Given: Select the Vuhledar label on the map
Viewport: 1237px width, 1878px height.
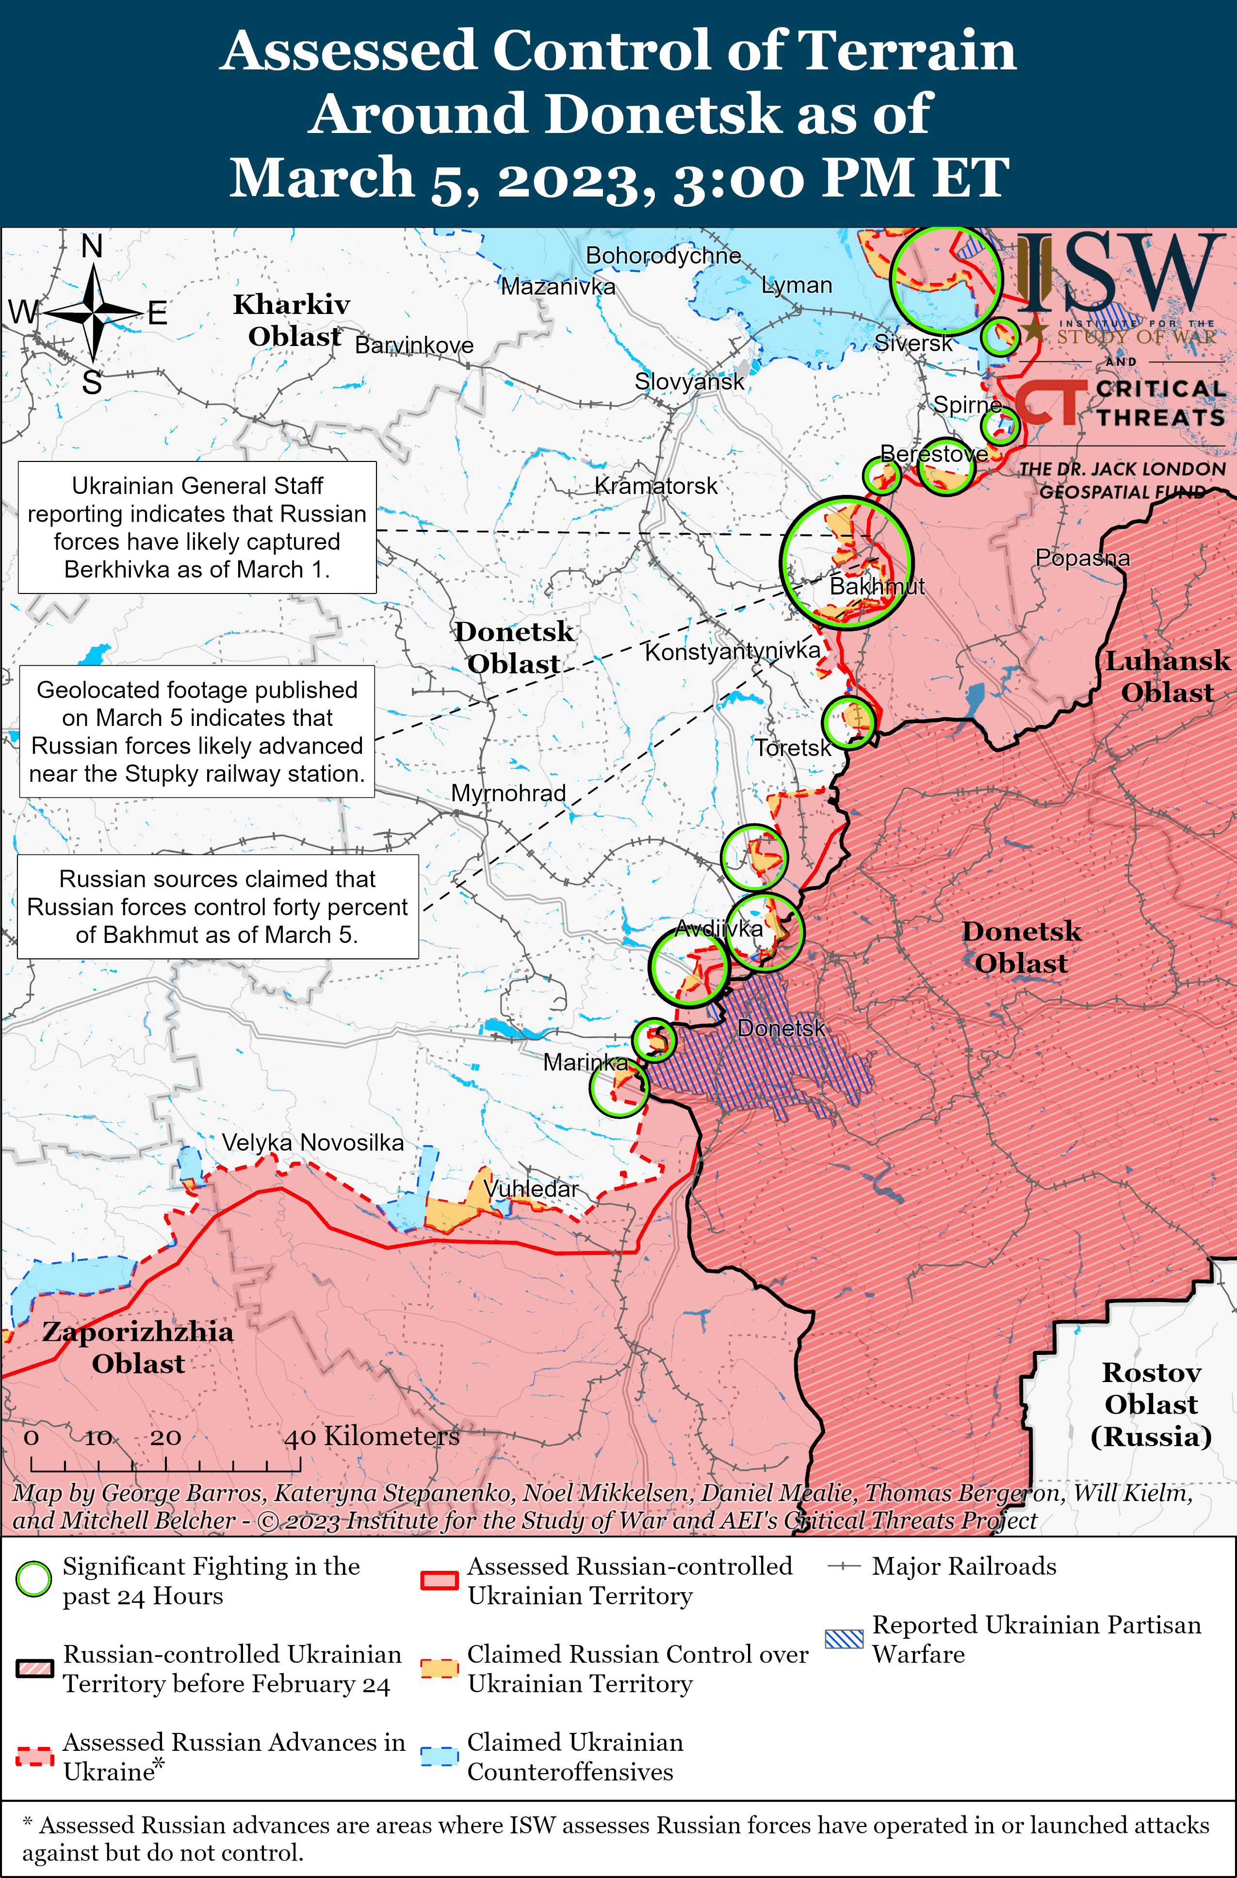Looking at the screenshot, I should [x=531, y=1188].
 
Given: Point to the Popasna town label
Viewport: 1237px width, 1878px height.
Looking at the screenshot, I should [x=1082, y=558].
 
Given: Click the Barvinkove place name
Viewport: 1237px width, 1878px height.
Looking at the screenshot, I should [x=414, y=345].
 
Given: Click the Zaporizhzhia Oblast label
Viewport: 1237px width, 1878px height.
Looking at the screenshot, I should [x=138, y=1347].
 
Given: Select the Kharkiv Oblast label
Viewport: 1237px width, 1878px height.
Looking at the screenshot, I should [x=292, y=320].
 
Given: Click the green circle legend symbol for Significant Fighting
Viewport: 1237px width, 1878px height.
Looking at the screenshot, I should [x=34, y=1579].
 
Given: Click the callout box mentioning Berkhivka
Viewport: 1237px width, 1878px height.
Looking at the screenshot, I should [x=197, y=527].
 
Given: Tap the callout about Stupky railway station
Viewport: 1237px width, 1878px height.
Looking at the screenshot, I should [x=197, y=731].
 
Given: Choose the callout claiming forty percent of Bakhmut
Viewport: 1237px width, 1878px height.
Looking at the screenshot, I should [x=218, y=906].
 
